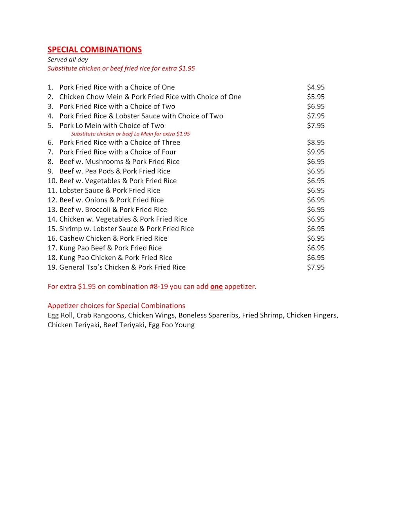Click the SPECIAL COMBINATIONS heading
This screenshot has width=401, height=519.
coord(94,50)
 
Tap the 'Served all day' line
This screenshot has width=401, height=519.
coord(68,59)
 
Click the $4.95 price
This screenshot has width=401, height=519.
coord(316,87)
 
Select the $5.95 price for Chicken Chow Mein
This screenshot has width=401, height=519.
coord(316,97)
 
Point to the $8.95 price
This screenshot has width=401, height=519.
coord(316,142)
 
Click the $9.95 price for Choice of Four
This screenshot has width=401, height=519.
coord(316,152)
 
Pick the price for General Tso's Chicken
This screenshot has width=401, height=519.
coord(316,267)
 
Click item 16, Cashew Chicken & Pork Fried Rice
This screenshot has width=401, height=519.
coord(113,238)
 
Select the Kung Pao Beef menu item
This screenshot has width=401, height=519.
coord(110,248)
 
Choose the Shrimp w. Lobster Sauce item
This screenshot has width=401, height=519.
coord(126,229)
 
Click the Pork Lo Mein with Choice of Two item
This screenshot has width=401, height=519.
coord(112,126)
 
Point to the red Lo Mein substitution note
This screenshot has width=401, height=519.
coord(130,134)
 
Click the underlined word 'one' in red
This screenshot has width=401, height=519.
coord(216,287)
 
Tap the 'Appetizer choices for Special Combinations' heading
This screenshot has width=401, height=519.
coord(116,306)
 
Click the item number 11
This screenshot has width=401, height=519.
coord(52,191)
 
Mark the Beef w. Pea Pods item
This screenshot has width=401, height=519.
coord(115,171)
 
